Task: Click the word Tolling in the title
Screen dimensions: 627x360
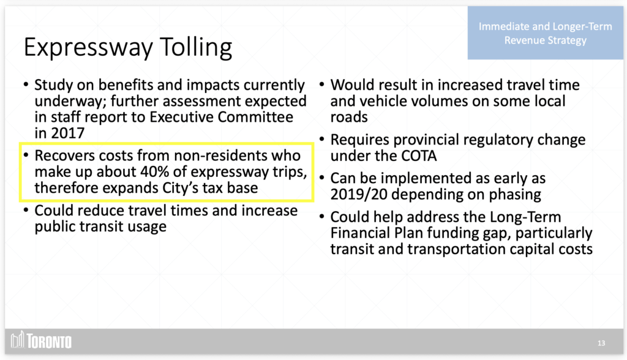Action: point(196,48)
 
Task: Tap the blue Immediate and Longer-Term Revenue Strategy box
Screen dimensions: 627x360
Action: point(545,33)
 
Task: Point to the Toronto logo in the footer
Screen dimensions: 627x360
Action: point(41,341)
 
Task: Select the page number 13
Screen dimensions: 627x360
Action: point(601,343)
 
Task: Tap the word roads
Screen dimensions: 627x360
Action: point(348,117)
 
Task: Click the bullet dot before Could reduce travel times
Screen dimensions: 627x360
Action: point(26,210)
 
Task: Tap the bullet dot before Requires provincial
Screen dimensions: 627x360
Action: point(322,139)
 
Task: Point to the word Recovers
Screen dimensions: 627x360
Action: point(64,156)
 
